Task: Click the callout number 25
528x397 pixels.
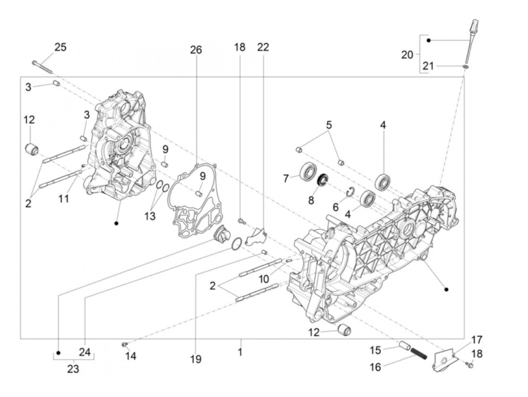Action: (60, 47)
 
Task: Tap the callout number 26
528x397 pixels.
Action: (196, 50)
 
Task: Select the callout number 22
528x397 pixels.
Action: (263, 47)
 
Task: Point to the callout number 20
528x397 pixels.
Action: (407, 55)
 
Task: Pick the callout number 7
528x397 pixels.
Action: (286, 178)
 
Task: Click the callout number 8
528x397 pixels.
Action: (311, 200)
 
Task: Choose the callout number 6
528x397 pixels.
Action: (335, 207)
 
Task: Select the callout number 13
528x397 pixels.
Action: (150, 216)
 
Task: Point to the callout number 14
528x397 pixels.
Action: (131, 355)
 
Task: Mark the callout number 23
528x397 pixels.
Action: (73, 369)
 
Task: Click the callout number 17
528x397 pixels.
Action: (476, 340)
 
